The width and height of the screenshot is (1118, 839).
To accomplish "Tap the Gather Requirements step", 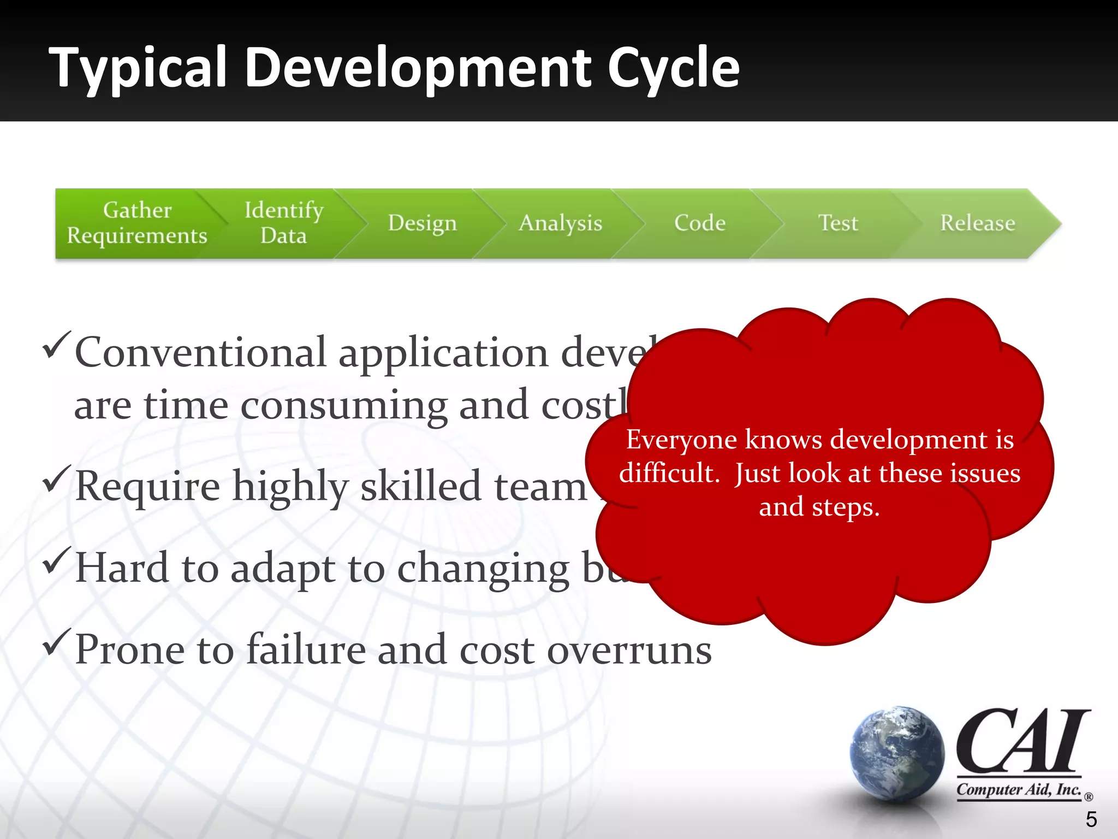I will [137, 223].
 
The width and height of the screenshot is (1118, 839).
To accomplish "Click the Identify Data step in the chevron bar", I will [283, 223].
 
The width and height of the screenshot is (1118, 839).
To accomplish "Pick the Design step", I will [422, 223].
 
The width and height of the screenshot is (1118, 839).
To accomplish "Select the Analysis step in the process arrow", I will [560, 223].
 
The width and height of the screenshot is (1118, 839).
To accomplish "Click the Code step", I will [700, 223].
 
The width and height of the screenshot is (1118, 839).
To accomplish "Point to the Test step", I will [838, 223].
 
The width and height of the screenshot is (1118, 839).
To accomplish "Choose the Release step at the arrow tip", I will [977, 223].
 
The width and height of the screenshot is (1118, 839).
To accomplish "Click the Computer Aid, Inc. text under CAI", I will [1019, 790].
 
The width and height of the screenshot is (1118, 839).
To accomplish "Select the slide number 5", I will [1091, 819].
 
